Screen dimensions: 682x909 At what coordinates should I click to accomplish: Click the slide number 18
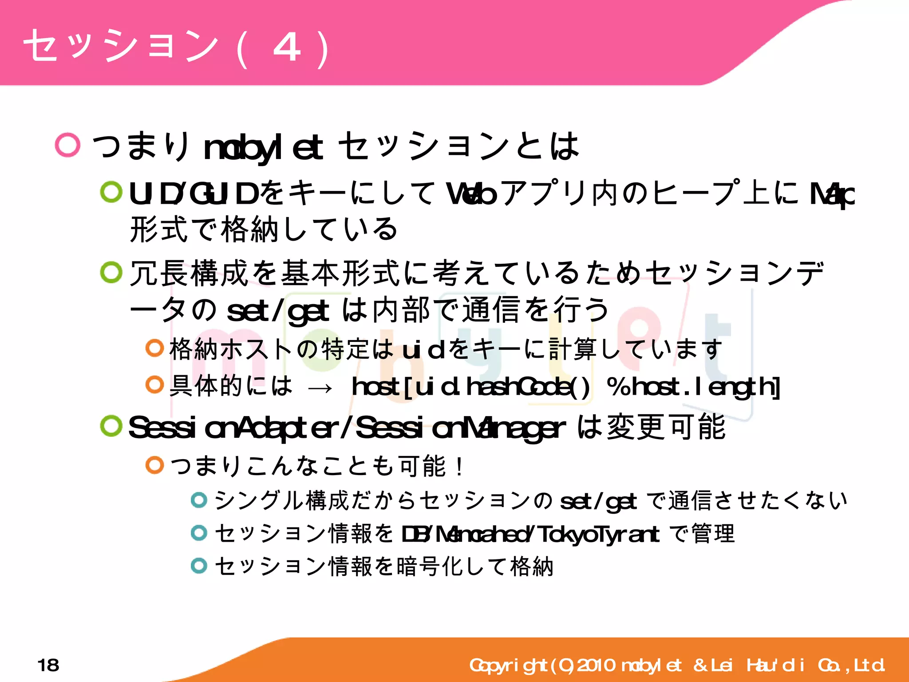tap(48, 665)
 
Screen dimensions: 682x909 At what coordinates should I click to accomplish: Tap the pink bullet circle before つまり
tap(67, 145)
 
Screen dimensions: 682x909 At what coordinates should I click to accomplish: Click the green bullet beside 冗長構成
tap(111, 272)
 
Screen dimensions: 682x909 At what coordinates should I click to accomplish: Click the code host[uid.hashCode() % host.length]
tap(565, 387)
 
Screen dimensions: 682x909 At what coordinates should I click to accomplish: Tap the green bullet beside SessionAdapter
tap(111, 426)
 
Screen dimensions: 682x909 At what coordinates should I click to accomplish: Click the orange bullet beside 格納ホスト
tap(155, 348)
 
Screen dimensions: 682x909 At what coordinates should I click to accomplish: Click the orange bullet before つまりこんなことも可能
tap(155, 465)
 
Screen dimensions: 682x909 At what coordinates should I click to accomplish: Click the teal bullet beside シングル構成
tap(199, 500)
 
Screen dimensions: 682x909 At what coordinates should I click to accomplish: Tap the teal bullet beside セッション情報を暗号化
tap(199, 566)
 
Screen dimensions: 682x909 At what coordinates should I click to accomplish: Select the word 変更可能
tap(666, 427)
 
